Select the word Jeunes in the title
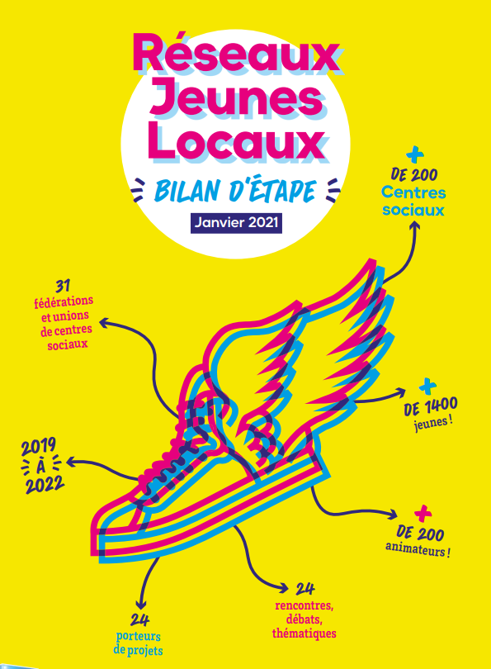236,100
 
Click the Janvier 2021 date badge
236,223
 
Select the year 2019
39,447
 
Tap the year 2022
45,485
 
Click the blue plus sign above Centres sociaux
415,155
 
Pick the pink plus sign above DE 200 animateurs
423,514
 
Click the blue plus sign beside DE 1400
427,387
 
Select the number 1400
440,406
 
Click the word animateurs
415,549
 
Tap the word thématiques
305,633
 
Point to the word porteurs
138,637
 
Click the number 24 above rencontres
305,589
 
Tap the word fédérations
64,301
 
